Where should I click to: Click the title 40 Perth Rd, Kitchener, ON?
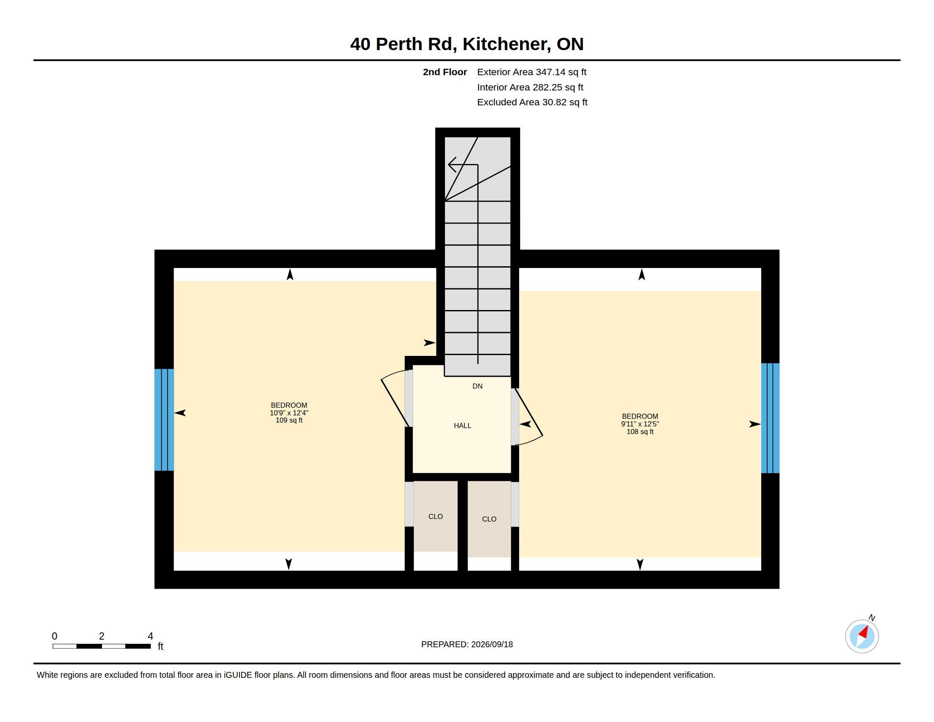(x=467, y=44)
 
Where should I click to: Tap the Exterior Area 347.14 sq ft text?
(x=532, y=72)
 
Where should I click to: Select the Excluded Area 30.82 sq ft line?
(x=532, y=102)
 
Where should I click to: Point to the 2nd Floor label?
(x=445, y=72)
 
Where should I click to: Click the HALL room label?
(x=462, y=426)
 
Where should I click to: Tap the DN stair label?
(x=477, y=386)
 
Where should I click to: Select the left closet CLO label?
(x=435, y=517)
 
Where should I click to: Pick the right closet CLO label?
(x=489, y=519)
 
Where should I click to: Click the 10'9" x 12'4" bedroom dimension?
(x=289, y=413)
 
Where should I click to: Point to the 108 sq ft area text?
(x=640, y=432)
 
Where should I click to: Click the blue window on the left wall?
(x=164, y=420)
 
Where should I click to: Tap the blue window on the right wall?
(x=770, y=418)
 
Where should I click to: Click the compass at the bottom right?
(x=862, y=636)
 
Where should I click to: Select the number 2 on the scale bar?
(x=101, y=636)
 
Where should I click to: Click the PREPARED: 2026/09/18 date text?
(x=467, y=645)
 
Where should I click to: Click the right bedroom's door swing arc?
(x=530, y=441)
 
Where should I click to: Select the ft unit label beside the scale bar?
(x=160, y=646)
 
